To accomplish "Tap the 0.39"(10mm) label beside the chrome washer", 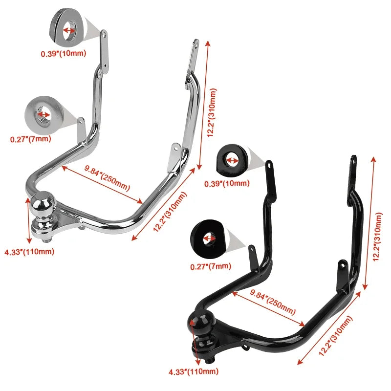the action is point(64,53).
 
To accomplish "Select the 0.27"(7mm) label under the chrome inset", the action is point(30,139).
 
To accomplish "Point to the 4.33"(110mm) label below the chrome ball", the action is point(29,251).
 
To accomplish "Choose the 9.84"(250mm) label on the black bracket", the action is point(273,302).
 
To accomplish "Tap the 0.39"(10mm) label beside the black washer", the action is point(227,184).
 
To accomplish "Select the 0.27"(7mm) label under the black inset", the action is point(211,266).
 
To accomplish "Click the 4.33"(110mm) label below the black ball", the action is point(194,371).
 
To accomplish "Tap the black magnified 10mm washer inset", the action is point(233,159).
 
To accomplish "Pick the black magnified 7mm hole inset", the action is point(209,239).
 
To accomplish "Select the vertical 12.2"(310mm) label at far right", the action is point(377,237).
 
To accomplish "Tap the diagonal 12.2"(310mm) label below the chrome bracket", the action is point(170,212).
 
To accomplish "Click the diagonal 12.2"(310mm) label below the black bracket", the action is point(336,336).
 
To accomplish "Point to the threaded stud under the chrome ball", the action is point(47,240).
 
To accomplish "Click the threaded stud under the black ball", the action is point(210,361).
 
